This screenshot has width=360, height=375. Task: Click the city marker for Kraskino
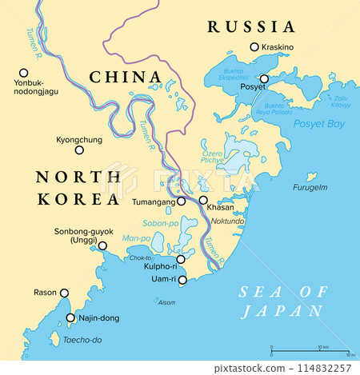click(x=255, y=47)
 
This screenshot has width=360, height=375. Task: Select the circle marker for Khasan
click(x=203, y=201)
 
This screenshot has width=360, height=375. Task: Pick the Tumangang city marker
click(x=182, y=201)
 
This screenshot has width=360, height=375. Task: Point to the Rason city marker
click(x=64, y=293)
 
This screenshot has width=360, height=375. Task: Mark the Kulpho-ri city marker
click(x=181, y=259)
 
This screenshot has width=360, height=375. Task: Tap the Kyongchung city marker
click(x=79, y=150)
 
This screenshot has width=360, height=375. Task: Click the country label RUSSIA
click(x=250, y=27)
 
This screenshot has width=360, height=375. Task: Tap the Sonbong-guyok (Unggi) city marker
click(x=102, y=246)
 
